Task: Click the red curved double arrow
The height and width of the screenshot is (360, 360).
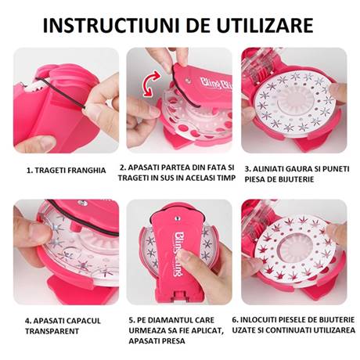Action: click(152, 84)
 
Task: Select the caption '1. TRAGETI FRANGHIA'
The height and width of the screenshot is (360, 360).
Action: click(67, 171)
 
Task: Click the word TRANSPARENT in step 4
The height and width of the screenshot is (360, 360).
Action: click(52, 331)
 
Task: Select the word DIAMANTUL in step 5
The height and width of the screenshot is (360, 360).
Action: click(174, 320)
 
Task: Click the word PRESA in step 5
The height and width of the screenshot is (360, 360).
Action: click(172, 341)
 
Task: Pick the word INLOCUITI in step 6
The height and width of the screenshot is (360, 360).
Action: click(257, 320)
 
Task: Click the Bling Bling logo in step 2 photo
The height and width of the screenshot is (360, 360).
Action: click(216, 83)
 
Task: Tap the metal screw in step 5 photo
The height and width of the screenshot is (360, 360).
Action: click(178, 218)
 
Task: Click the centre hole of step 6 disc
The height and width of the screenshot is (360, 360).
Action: click(296, 247)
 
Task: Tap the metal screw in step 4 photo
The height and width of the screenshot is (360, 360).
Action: click(83, 203)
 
